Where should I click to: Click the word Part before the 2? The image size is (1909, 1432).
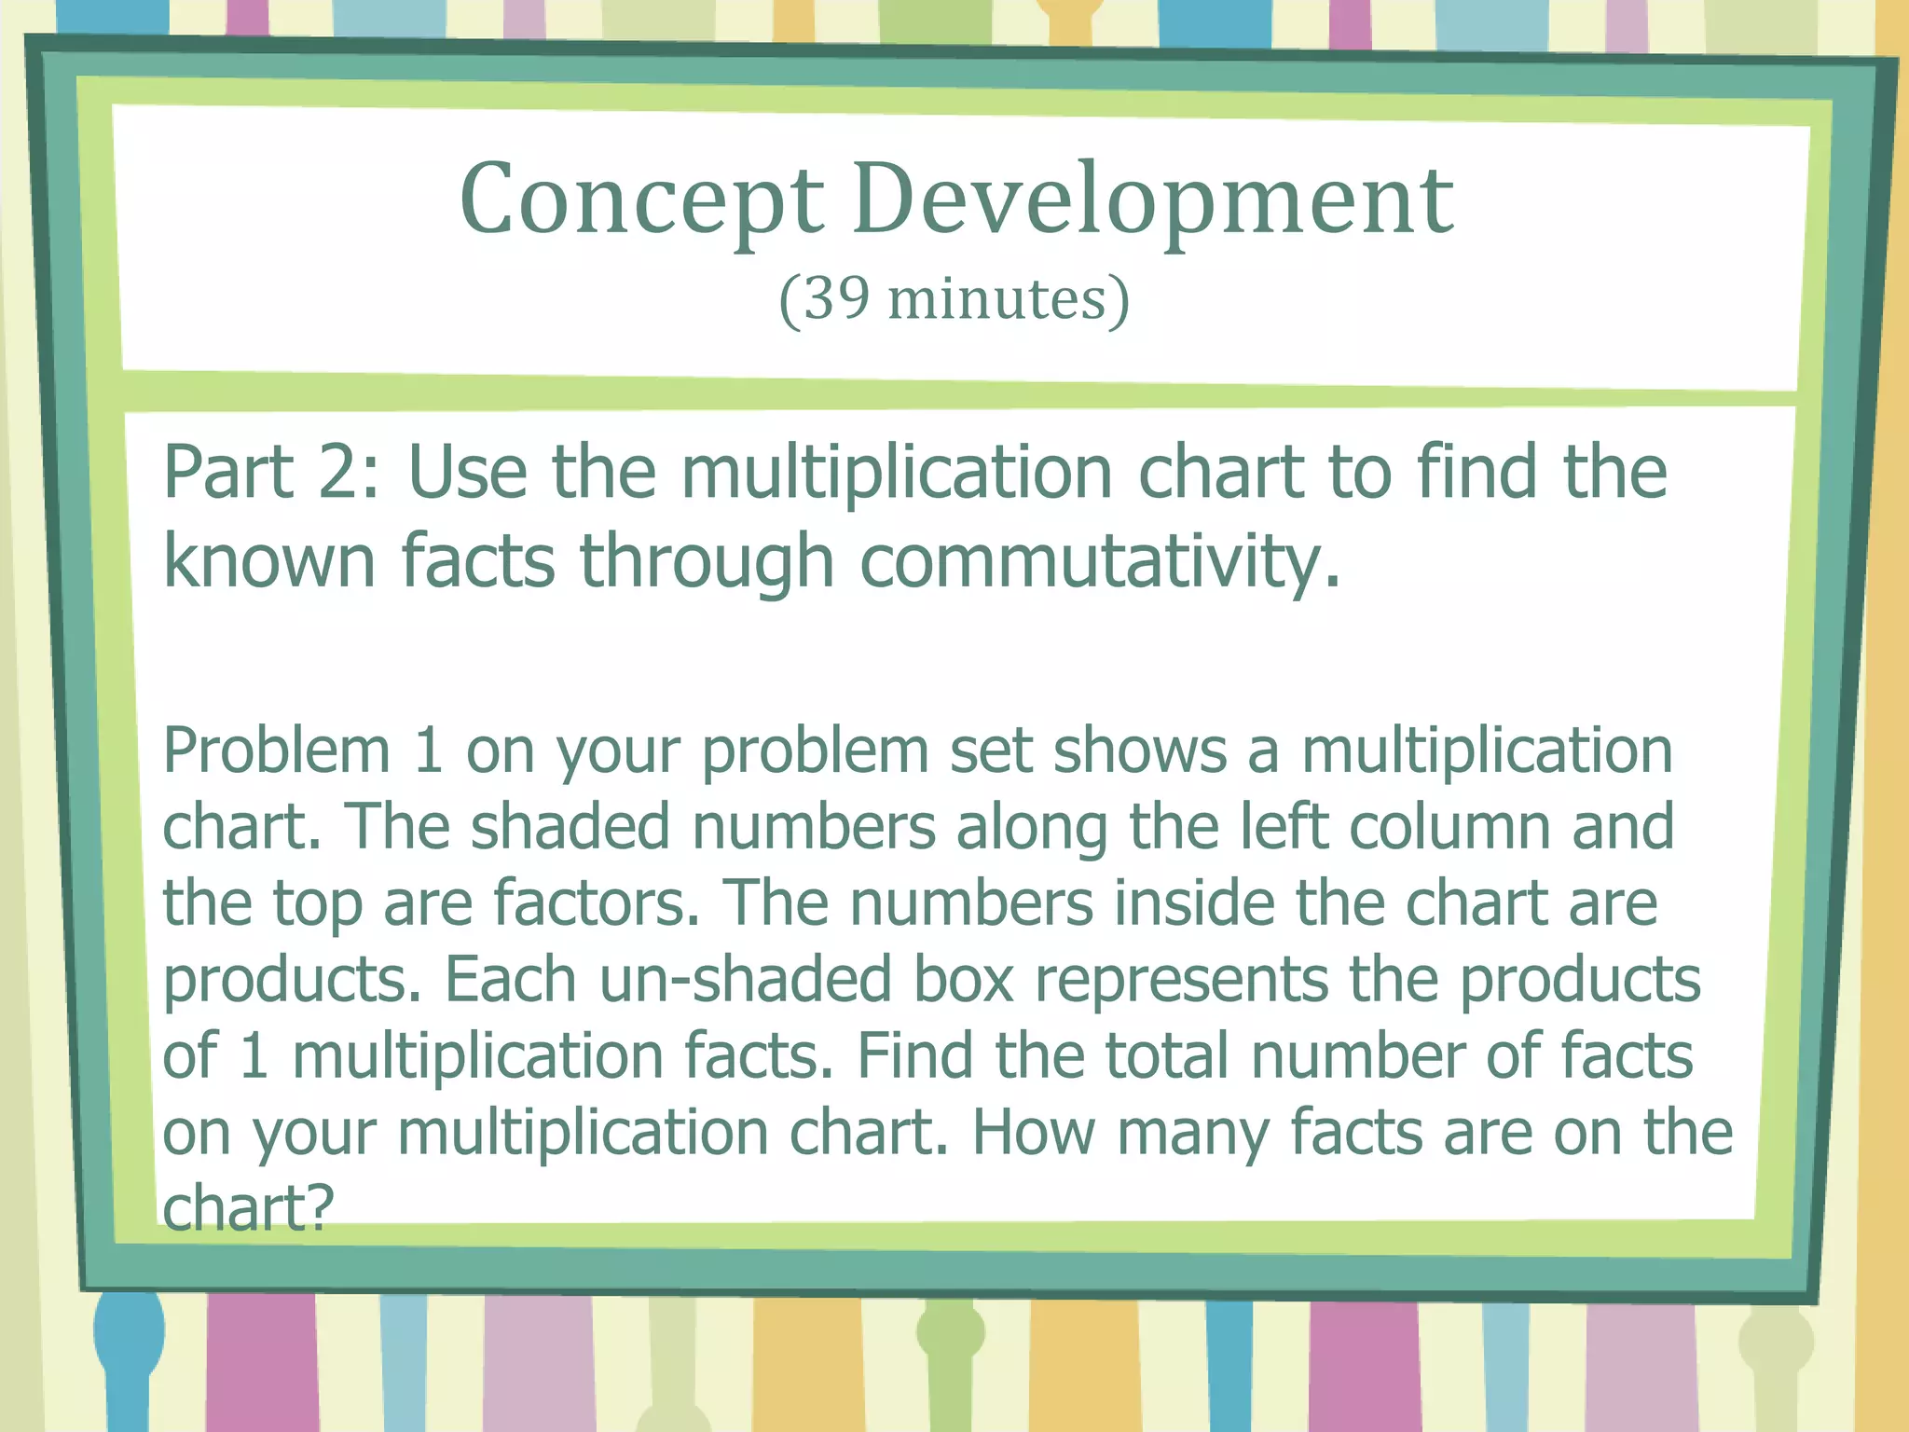(229, 473)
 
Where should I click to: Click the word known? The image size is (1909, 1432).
(268, 562)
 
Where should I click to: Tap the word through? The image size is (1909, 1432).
(707, 562)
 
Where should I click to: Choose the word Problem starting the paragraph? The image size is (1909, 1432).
(277, 751)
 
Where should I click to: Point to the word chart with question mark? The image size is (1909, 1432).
(247, 1208)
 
